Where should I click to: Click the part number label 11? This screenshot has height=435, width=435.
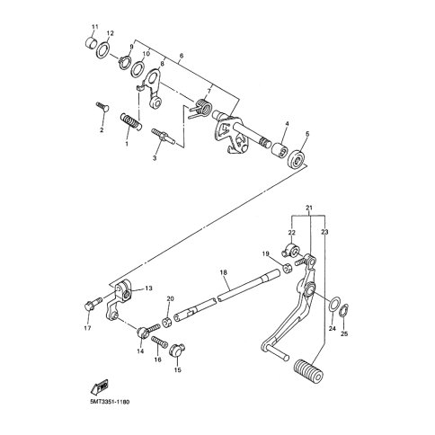click(x=94, y=27)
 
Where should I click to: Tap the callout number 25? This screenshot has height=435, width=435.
click(x=344, y=333)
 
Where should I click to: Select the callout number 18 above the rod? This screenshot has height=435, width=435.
click(x=224, y=272)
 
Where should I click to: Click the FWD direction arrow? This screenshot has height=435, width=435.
click(x=99, y=386)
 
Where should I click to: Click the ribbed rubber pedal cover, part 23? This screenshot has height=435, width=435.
click(x=309, y=370)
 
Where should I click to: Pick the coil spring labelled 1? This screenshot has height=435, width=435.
click(x=130, y=122)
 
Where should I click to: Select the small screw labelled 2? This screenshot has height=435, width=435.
click(x=102, y=107)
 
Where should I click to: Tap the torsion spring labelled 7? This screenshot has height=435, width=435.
click(x=200, y=109)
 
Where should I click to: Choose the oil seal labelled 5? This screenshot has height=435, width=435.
click(x=297, y=158)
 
